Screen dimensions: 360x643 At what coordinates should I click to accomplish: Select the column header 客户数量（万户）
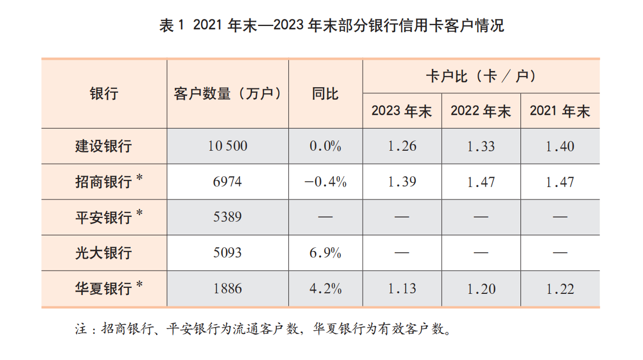228,93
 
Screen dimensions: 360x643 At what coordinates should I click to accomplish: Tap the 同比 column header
325,93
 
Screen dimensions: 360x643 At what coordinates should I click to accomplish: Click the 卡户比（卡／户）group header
481,76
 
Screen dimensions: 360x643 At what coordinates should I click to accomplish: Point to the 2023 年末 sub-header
402,111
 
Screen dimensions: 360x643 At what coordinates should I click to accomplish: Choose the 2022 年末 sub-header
481,111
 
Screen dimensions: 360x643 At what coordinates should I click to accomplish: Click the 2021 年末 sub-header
560,111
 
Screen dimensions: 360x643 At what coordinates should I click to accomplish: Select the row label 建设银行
104,146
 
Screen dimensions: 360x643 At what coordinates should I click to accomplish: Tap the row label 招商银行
104,182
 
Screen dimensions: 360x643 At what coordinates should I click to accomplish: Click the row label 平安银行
104,217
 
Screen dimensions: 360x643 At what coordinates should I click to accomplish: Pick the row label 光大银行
104,253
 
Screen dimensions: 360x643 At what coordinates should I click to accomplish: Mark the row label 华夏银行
104,288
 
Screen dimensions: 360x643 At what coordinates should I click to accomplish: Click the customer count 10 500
228,146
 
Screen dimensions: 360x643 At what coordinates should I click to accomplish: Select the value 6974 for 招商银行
228,182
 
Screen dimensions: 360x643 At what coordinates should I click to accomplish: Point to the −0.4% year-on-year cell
325,182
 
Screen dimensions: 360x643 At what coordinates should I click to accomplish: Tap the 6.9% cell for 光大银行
325,253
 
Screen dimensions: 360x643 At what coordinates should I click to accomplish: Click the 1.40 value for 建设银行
560,146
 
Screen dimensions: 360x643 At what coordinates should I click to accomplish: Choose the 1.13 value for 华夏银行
402,288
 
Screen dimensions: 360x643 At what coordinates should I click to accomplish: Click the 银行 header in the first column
104,93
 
